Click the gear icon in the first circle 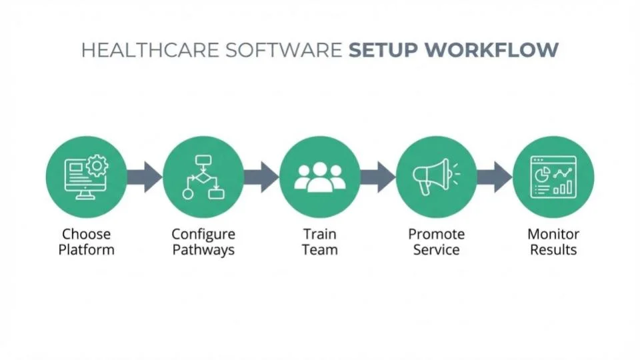98,165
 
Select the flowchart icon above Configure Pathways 203,177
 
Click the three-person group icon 319,177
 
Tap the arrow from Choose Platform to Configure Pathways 144,177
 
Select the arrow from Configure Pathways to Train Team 261,177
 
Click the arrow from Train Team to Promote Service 377,177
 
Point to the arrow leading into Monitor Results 494,177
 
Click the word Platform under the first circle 86,251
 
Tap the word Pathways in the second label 203,251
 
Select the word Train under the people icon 319,235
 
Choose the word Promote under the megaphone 436,235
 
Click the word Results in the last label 553,251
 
